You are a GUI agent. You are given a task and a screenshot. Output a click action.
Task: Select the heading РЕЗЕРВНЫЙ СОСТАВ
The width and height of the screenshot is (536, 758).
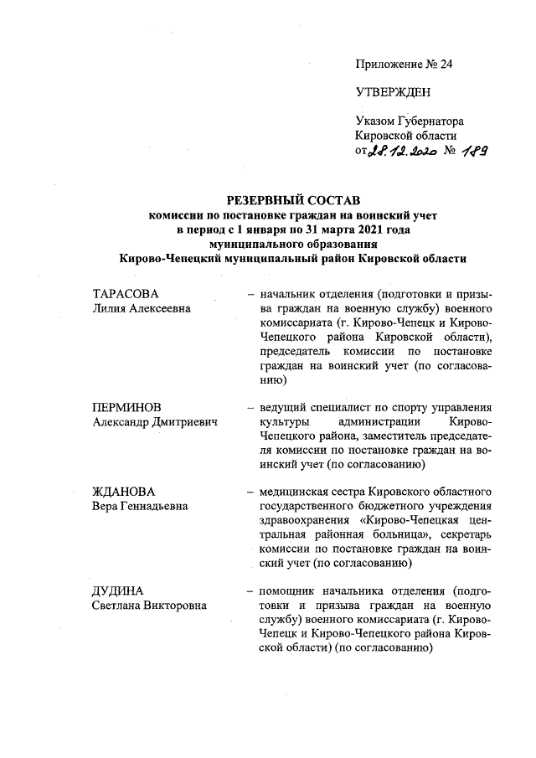pos(292,201)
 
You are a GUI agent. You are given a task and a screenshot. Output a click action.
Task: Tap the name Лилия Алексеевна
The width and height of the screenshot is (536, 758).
pos(141,308)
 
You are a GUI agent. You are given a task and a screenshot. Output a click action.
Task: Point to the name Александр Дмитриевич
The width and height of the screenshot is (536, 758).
pos(154,422)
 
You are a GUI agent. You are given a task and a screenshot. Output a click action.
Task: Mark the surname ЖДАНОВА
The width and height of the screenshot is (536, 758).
pos(123,491)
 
